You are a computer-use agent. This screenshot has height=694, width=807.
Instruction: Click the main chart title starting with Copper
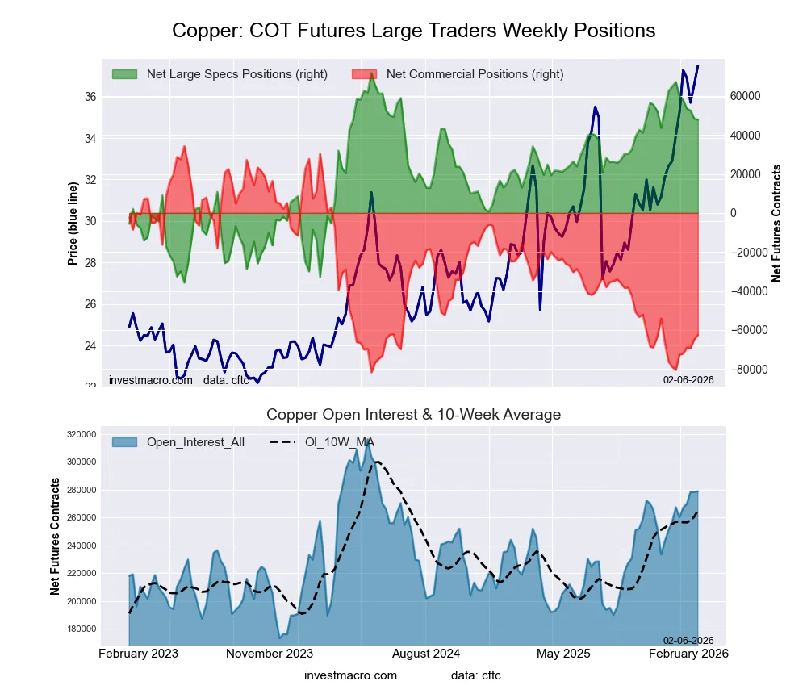pyautogui.click(x=413, y=31)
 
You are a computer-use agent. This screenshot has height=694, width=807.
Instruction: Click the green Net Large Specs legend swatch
pyautogui.click(x=125, y=74)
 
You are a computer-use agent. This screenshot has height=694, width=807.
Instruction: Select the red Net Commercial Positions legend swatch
pyautogui.click(x=365, y=74)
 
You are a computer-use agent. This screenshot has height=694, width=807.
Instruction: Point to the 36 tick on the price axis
pyautogui.click(x=90, y=97)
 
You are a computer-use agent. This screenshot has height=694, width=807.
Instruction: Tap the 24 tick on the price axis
pyautogui.click(x=90, y=346)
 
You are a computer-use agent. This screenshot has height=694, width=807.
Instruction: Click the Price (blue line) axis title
pyautogui.click(x=73, y=224)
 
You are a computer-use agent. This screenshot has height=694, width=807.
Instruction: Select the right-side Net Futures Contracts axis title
pyautogui.click(x=776, y=224)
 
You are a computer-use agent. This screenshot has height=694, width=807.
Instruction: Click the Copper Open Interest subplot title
pyautogui.click(x=413, y=415)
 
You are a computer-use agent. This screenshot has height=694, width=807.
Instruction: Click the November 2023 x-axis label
pyautogui.click(x=270, y=654)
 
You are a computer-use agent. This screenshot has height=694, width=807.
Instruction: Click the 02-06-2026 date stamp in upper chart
pyautogui.click(x=688, y=379)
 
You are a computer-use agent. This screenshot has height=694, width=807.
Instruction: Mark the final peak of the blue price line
pyautogui.click(x=698, y=66)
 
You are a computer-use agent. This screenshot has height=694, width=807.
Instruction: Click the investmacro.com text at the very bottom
pyautogui.click(x=350, y=675)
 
